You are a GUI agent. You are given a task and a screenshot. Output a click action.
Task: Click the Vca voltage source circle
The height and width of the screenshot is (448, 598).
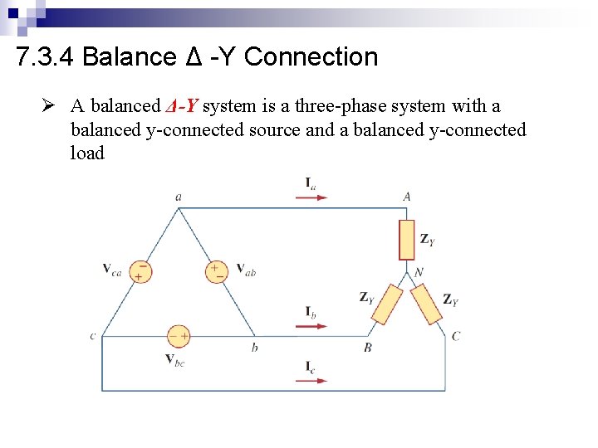(140, 271)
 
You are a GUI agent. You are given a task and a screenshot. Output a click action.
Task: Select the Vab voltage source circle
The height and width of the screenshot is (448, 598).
(216, 270)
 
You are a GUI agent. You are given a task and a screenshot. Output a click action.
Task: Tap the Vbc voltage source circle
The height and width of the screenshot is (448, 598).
(179, 336)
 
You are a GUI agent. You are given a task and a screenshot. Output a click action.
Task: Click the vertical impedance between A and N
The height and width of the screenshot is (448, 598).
(407, 240)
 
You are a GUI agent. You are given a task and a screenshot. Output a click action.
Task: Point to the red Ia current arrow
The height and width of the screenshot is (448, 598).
(311, 197)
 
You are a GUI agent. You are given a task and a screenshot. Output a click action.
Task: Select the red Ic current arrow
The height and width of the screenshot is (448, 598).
(311, 380)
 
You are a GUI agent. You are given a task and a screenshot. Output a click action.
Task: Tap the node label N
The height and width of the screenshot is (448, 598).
(419, 272)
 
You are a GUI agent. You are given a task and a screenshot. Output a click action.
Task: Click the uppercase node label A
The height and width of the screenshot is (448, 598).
(407, 197)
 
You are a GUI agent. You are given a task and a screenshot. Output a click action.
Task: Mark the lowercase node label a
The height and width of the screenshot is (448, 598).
(179, 197)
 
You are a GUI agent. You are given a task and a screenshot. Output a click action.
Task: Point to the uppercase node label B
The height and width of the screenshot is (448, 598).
(367, 348)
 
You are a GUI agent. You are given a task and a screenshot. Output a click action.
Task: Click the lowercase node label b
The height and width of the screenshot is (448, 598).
(254, 348)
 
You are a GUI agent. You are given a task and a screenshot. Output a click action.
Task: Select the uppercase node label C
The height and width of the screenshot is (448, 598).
(456, 336)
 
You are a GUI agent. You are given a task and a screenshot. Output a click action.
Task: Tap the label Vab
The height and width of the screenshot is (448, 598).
(246, 269)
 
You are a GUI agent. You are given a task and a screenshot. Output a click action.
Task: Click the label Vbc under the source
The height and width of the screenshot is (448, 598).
(174, 359)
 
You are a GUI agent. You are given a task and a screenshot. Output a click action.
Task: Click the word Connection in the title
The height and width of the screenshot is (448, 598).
(311, 57)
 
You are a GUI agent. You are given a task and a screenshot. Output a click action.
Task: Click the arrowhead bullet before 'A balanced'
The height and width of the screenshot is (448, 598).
(50, 107)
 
